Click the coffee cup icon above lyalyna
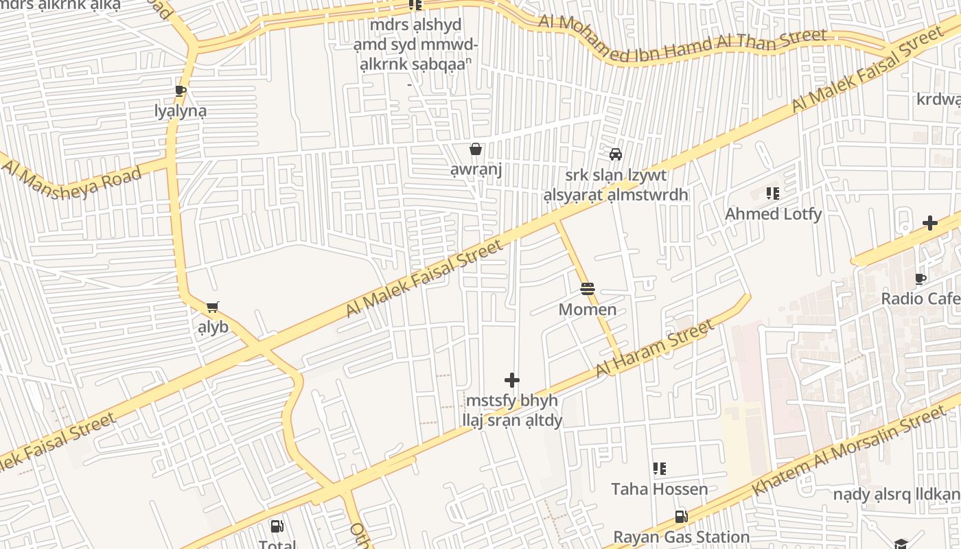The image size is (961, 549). tap(181, 91)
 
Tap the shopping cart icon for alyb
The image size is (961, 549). tap(213, 307)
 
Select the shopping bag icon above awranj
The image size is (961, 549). tap(476, 149)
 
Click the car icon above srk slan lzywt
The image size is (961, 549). tap(616, 154)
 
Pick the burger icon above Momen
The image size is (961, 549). tap(587, 289)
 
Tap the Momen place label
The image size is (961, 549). tap(587, 309)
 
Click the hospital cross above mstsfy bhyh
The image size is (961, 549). tap(512, 379)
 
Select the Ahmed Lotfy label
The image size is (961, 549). tap(773, 214)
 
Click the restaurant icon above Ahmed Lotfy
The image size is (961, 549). tap(773, 194)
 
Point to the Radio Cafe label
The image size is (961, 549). tap(920, 299)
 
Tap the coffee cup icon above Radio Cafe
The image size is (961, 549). tap(921, 279)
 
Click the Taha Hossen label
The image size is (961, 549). tap(660, 489)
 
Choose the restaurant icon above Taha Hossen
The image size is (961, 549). tap(660, 469)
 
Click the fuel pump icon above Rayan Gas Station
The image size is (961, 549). tap(681, 517)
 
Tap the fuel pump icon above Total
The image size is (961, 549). tap(277, 526)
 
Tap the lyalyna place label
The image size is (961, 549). tap(181, 111)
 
